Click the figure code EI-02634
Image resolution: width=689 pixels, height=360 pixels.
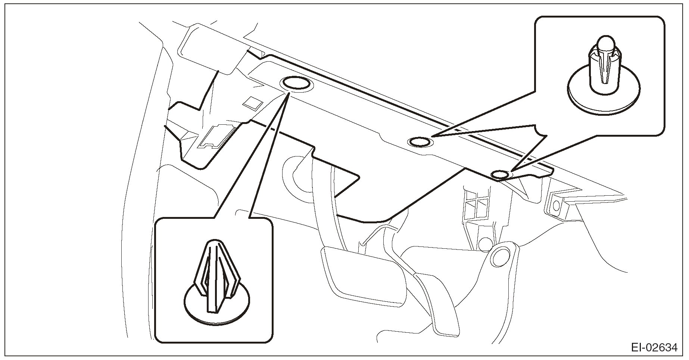pyautogui.click(x=654, y=348)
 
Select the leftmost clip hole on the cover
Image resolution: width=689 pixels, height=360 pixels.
pyautogui.click(x=296, y=84)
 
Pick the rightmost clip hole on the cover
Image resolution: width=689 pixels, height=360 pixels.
pyautogui.click(x=500, y=174)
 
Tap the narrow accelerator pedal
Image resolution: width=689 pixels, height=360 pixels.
pyautogui.click(x=437, y=299)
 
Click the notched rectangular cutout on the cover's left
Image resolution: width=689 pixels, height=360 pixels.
pyautogui.click(x=216, y=136)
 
